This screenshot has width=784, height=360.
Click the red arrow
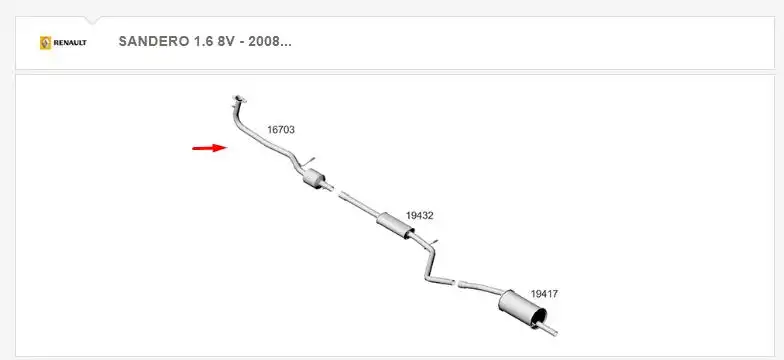209,148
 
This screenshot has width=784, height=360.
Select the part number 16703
281,130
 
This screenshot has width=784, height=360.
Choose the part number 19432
419,215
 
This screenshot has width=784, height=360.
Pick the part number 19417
544,293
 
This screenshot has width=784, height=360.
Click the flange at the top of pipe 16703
239,99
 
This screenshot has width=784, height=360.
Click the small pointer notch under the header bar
92,20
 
